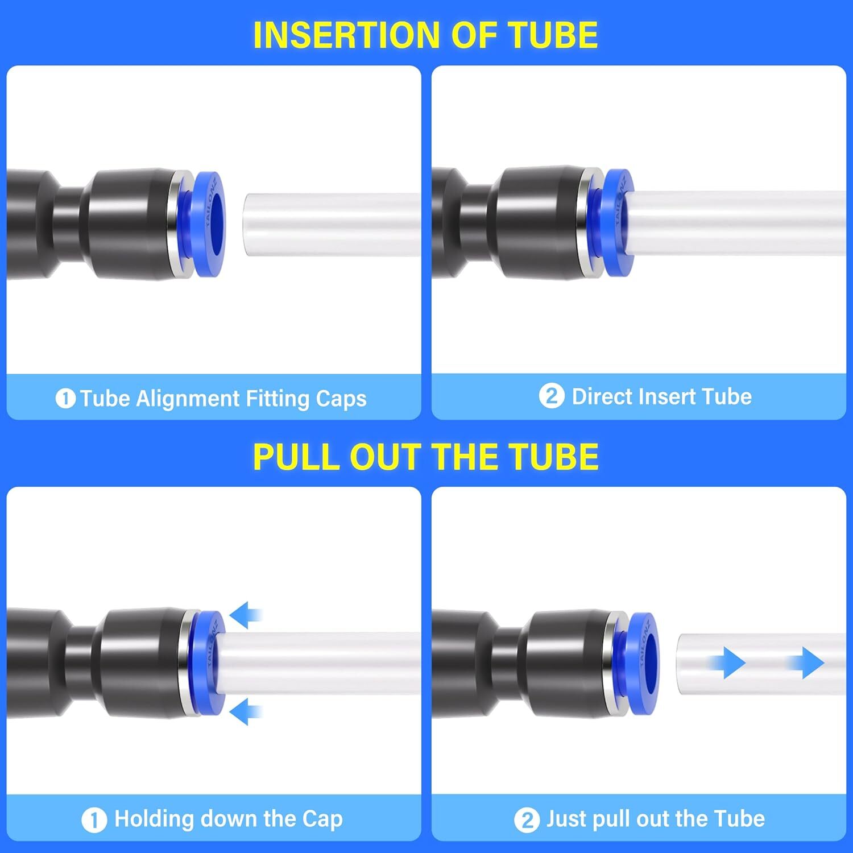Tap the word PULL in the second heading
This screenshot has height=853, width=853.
(x=296, y=457)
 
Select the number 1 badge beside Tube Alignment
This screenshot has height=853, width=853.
(x=65, y=399)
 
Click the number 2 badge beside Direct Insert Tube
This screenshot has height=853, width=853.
(x=551, y=396)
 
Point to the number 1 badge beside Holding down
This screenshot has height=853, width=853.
(x=94, y=820)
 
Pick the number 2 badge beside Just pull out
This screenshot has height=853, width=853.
(x=527, y=820)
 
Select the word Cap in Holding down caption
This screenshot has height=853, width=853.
(x=322, y=819)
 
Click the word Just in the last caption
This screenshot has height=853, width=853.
(x=566, y=819)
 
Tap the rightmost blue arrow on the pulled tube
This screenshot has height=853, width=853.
(x=808, y=662)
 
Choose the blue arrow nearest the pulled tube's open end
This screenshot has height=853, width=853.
(x=728, y=662)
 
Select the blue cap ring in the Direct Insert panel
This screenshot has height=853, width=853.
(x=617, y=223)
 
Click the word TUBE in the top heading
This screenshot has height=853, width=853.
(x=552, y=35)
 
